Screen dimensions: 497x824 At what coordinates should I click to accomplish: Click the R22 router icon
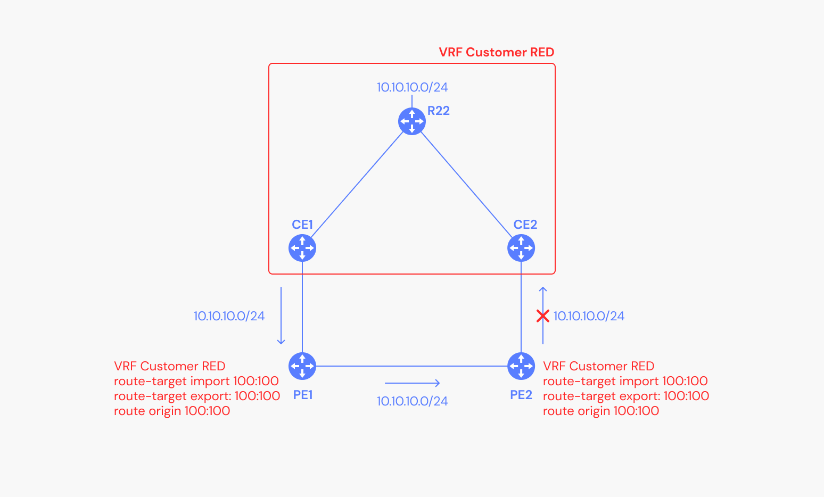pos(411,121)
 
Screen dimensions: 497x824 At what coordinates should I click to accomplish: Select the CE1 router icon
pos(302,248)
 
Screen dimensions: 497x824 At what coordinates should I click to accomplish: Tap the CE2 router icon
pos(521,248)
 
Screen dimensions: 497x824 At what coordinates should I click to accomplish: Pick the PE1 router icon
pos(302,366)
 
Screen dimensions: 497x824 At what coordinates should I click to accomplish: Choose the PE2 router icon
pos(521,366)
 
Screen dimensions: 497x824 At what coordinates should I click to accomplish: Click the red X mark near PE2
pos(542,316)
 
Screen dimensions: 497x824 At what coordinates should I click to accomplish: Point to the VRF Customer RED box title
pos(496,52)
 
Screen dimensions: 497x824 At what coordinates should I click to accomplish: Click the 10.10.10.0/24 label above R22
pos(412,87)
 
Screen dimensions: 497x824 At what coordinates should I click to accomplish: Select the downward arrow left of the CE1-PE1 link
pos(281,316)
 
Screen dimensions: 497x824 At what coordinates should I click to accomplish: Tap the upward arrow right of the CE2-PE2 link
pos(543,316)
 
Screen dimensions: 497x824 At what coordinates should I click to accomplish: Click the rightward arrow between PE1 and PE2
pos(413,383)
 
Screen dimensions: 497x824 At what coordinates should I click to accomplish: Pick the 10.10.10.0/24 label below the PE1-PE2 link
pos(412,401)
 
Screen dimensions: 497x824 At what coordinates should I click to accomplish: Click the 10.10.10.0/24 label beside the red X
pos(589,316)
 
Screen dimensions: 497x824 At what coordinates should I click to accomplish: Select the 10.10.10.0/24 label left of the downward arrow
pos(229,316)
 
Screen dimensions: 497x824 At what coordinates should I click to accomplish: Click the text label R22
pos(439,111)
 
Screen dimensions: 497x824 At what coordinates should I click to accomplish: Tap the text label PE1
pos(303,395)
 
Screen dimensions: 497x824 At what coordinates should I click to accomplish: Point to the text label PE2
pos(521,395)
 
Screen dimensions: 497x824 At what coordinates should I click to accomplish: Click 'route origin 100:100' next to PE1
pos(172,411)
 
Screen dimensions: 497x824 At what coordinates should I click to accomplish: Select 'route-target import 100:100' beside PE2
pos(625,381)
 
